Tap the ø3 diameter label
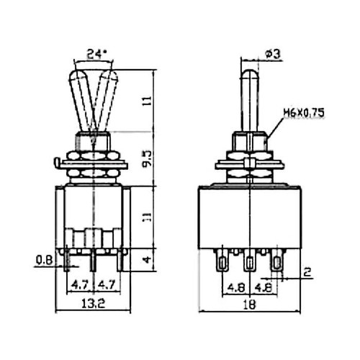[x=272, y=54]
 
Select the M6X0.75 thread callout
[x=304, y=112]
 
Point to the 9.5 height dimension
[x=148, y=158]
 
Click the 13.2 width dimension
[x=93, y=304]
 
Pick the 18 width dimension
[x=250, y=304]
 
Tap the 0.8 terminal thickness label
[x=45, y=260]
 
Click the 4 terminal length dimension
[x=148, y=260]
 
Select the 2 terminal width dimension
[x=307, y=272]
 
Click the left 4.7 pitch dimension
[x=80, y=285]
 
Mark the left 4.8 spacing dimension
[x=236, y=287]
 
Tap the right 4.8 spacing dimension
[x=264, y=287]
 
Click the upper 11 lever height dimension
[x=148, y=101]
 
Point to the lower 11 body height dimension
[x=148, y=217]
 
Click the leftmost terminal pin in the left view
[x=66, y=261]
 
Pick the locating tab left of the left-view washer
[x=57, y=162]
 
